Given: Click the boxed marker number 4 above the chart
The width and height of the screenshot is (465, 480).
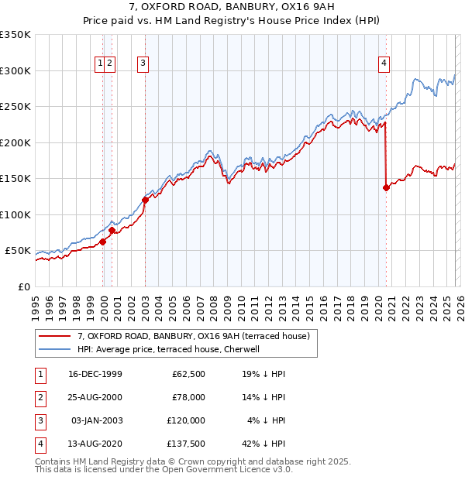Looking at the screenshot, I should coord(384,64).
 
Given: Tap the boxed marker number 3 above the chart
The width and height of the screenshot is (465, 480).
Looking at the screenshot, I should coord(144,64).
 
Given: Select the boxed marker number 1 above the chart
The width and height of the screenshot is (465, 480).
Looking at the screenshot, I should coord(101,64).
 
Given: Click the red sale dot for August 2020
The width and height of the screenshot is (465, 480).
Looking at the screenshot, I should coord(386,187).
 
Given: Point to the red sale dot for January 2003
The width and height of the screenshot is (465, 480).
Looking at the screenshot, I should coord(145,200).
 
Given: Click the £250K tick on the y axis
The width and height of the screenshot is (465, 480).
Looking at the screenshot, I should coord(15,107).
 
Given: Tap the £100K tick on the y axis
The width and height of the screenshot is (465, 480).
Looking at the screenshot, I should coord(15,214).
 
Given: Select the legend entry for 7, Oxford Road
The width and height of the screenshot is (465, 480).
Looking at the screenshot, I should coord(193,336).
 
